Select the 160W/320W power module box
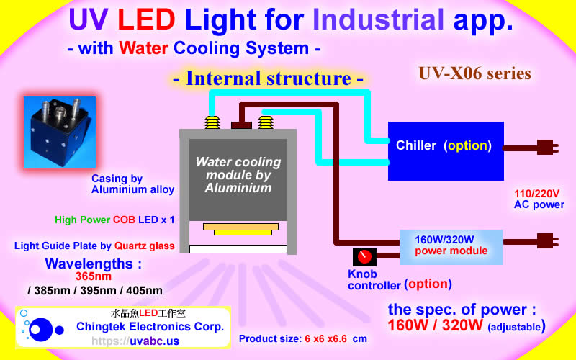[x=451, y=246]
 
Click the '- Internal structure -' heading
[x=269, y=78]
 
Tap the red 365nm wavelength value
[x=94, y=276]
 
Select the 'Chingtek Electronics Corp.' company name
[x=150, y=327]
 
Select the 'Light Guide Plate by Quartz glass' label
[x=94, y=246]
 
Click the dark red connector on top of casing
[x=240, y=125]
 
